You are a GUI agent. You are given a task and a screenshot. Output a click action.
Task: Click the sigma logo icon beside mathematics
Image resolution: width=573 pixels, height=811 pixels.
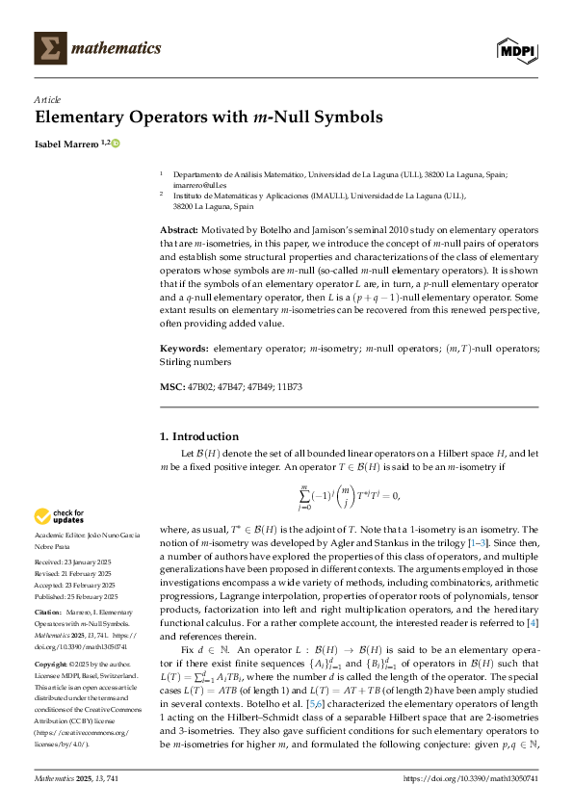click(x=49, y=47)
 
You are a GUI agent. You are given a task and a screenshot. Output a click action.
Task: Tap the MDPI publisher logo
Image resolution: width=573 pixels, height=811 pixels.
click(x=517, y=48)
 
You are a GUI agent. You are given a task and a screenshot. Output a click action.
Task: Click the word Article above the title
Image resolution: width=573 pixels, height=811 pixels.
click(x=46, y=99)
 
